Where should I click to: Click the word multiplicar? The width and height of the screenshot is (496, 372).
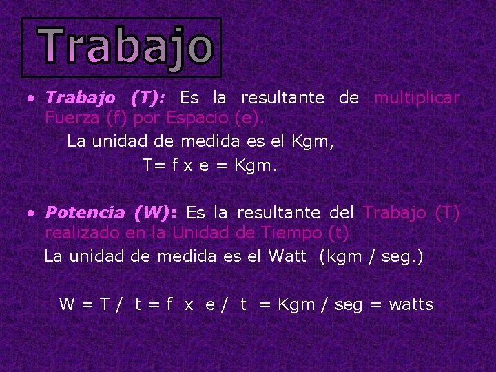click(x=417, y=98)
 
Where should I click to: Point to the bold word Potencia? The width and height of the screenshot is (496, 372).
click(x=85, y=213)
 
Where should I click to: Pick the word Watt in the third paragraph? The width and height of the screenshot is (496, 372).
click(x=287, y=256)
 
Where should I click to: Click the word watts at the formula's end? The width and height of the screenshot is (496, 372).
click(x=411, y=304)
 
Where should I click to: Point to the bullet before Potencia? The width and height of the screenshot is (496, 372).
click(x=31, y=214)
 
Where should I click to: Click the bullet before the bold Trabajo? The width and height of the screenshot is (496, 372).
click(x=31, y=99)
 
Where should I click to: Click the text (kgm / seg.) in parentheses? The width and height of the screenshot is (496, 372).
click(x=371, y=256)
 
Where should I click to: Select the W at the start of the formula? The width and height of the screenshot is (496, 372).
click(x=67, y=304)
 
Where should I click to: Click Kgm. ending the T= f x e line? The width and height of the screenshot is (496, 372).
click(x=256, y=165)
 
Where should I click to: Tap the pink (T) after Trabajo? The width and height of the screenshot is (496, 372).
click(x=448, y=213)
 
